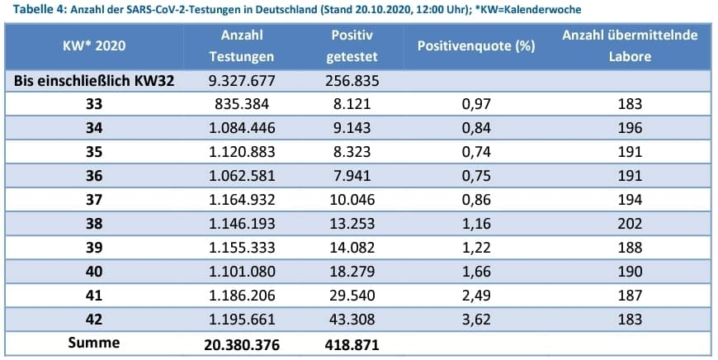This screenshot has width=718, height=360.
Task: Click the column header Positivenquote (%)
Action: (x=476, y=46)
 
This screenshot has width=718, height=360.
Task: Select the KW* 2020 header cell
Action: (x=94, y=46)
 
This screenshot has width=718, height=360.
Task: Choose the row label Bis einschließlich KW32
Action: (x=94, y=81)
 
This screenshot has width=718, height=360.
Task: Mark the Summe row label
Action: (x=94, y=342)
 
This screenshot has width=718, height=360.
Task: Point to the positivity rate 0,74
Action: (x=476, y=154)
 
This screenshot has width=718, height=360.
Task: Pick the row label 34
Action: (x=94, y=128)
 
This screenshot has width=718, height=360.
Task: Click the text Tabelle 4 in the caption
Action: (x=33, y=10)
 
